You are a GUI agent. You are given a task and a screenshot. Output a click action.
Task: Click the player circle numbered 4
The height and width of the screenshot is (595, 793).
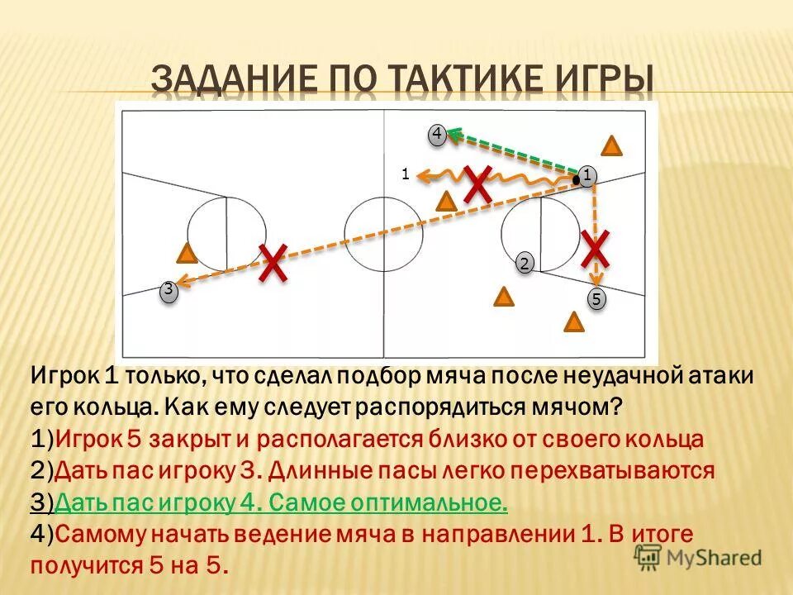(437, 134)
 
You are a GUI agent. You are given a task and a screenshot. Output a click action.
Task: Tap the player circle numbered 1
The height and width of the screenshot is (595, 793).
(586, 175)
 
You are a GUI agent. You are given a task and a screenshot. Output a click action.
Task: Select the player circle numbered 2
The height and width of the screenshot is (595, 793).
(525, 264)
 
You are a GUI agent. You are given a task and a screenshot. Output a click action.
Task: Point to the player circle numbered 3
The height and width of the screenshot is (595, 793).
(168, 290)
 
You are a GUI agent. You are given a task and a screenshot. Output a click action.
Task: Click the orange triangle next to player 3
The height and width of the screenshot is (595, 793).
(188, 255)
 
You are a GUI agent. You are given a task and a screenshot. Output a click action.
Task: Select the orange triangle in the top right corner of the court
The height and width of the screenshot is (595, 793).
(611, 146)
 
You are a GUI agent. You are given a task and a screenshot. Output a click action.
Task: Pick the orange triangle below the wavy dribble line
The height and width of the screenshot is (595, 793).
(446, 201)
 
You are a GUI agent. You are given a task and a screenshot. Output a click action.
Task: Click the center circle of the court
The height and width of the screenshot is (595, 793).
(383, 235)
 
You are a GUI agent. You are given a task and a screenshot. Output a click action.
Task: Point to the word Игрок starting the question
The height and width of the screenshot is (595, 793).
(66, 376)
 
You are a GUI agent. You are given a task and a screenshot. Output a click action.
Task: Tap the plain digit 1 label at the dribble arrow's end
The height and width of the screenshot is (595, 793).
(405, 174)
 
